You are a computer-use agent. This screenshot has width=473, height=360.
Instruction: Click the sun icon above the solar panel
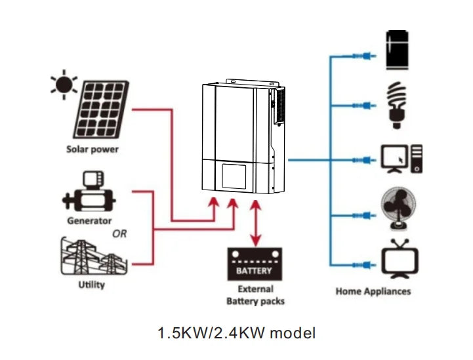tap(64, 85)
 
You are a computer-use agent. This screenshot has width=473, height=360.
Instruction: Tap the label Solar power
tap(92, 149)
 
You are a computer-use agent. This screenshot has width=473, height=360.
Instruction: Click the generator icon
tap(89, 193)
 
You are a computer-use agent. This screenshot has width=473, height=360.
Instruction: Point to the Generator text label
tap(89, 221)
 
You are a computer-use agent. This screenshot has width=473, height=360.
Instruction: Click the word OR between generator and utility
tap(119, 234)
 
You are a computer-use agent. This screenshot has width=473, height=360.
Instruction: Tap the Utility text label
tap(91, 285)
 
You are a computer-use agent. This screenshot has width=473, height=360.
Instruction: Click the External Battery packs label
tap(255, 295)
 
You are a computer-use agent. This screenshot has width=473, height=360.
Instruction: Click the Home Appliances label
tap(373, 291)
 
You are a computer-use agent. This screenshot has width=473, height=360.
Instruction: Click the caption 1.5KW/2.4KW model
tap(236, 333)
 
